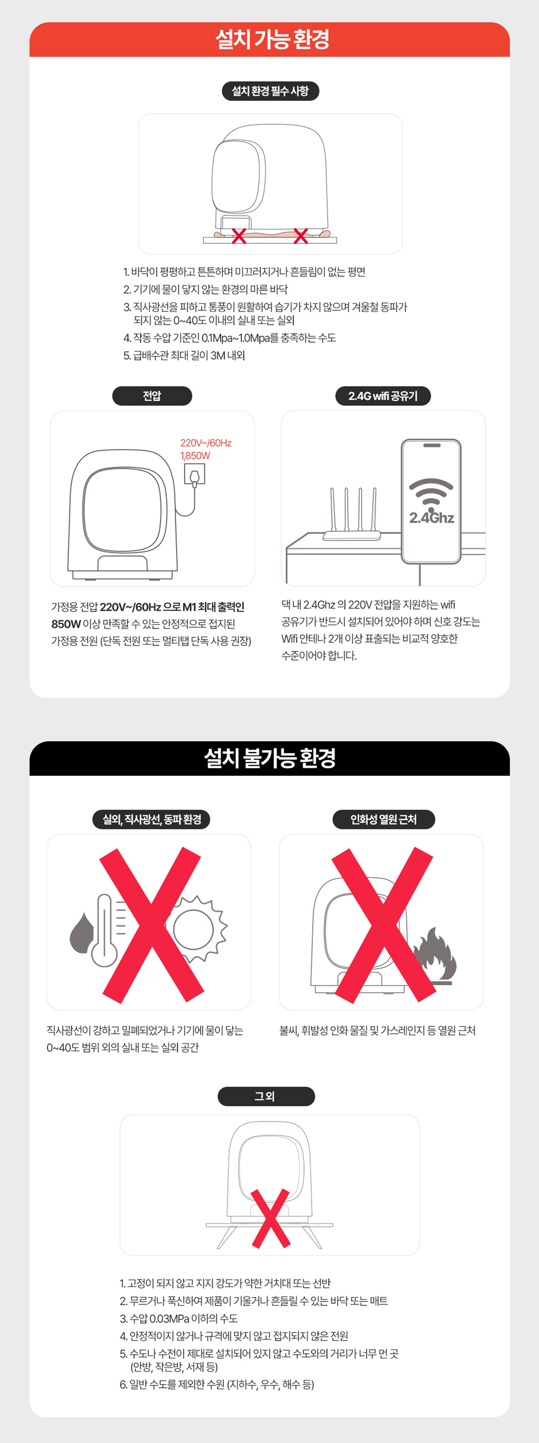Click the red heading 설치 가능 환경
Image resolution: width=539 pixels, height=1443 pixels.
(x=272, y=39)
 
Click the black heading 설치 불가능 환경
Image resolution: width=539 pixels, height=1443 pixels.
(x=270, y=758)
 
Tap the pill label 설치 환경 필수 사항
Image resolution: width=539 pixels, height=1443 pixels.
(x=270, y=91)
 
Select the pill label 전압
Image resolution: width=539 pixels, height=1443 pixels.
(x=152, y=396)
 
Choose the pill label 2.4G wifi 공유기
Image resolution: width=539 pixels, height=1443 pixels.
(x=383, y=396)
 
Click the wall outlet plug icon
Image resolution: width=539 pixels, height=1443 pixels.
(x=194, y=474)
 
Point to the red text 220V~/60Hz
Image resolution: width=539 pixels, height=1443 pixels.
(x=206, y=443)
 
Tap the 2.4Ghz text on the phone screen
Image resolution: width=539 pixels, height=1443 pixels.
(x=432, y=518)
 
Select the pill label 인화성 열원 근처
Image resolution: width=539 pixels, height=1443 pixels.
(x=383, y=820)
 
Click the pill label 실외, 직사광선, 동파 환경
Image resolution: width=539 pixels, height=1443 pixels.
(x=152, y=820)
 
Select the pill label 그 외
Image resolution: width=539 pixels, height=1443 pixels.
(x=266, y=1097)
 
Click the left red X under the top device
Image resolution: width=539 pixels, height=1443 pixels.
(x=239, y=236)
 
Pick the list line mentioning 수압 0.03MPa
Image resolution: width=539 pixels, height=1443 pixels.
(x=179, y=1318)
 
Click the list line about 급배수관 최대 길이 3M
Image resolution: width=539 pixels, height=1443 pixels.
(x=184, y=355)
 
